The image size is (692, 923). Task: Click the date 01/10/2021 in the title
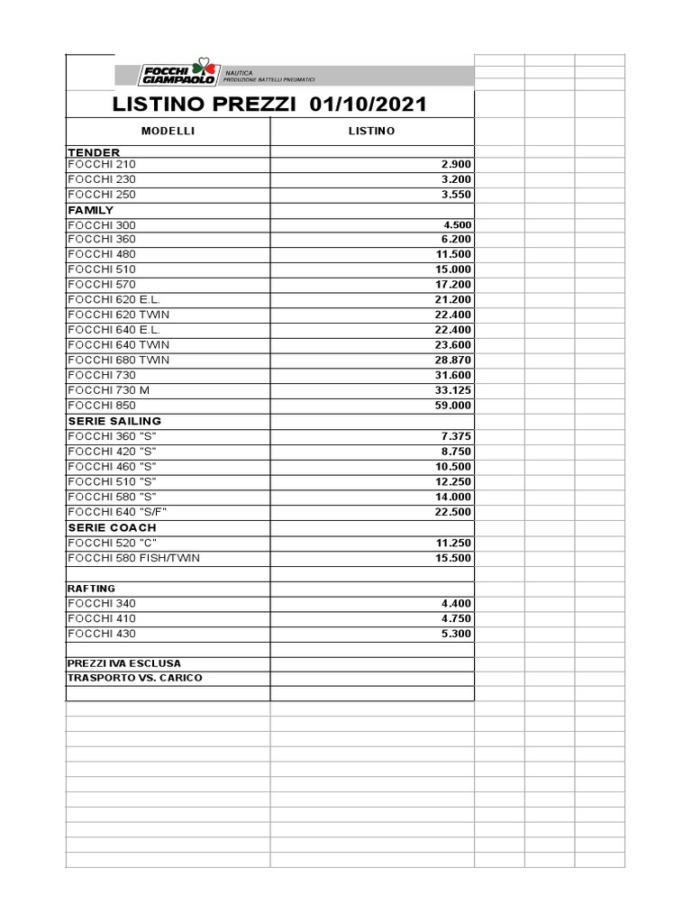coord(368,105)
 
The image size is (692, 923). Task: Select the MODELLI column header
coord(168,132)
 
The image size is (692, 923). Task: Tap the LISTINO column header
coord(371,132)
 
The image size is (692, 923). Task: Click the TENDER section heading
coord(94,152)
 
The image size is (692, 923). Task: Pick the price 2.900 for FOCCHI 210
coord(456,165)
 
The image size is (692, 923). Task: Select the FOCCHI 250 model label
coord(102,195)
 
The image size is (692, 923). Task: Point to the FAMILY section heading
coord(91,210)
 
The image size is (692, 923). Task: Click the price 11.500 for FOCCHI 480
coord(453,255)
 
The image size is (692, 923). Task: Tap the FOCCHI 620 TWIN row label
coord(118,315)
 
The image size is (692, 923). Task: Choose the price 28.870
coord(453,361)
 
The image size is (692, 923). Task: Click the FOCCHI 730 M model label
coord(108,390)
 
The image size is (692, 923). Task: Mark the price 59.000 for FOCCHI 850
coord(453,406)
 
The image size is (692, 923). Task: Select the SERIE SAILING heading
coord(114,421)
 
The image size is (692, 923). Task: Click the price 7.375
coord(456,436)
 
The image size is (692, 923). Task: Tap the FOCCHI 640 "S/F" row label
coord(117,512)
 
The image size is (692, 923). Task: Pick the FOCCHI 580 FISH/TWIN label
coord(133,558)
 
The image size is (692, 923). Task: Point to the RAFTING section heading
coord(91,589)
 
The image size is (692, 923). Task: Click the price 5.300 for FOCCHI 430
coord(456,634)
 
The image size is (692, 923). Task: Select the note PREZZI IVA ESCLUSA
coord(123,663)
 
